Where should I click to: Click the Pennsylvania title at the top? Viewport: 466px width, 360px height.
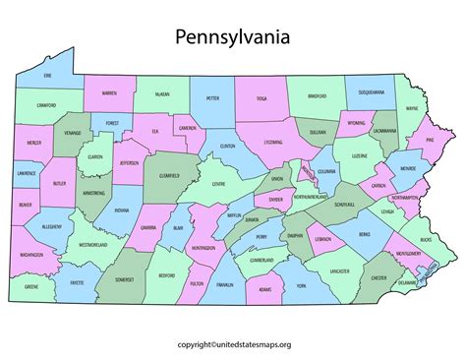(x=232, y=38)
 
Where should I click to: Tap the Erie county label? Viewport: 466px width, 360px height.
(x=47, y=74)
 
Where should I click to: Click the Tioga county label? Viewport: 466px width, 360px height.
(x=262, y=98)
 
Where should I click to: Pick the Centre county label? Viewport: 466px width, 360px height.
(x=219, y=184)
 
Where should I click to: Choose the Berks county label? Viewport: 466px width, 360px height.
(x=364, y=234)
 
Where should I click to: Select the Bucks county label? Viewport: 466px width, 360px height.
(x=424, y=239)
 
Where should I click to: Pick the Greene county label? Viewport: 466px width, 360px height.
(x=32, y=288)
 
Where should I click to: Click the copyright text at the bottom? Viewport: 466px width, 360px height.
(x=232, y=345)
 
